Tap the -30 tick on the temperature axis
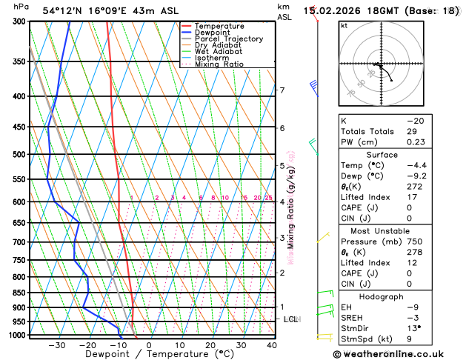(56, 345)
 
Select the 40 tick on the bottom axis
(272, 345)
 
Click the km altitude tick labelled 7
(282, 90)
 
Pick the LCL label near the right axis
(291, 319)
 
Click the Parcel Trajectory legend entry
(228, 39)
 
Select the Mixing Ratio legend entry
(219, 63)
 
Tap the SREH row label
(352, 317)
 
